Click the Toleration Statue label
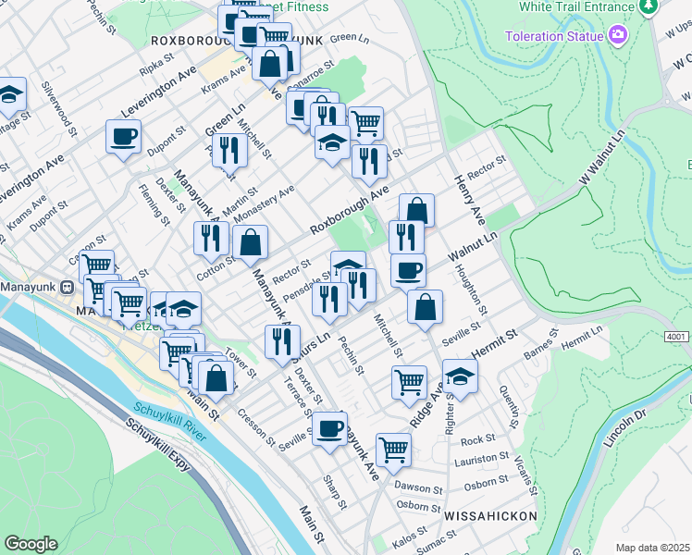pyautogui.click(x=552, y=36)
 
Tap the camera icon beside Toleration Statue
pyautogui.click(x=618, y=36)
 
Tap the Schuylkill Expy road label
pyautogui.click(x=157, y=451)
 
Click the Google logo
pyautogui.click(x=31, y=544)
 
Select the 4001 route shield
pyautogui.click(x=676, y=339)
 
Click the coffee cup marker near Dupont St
pyautogui.click(x=123, y=138)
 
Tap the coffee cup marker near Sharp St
pyautogui.click(x=328, y=428)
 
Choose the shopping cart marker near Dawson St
pyautogui.click(x=393, y=450)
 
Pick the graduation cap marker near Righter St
pyautogui.click(x=459, y=376)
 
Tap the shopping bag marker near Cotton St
pyautogui.click(x=251, y=243)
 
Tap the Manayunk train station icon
pyautogui.click(x=68, y=287)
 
